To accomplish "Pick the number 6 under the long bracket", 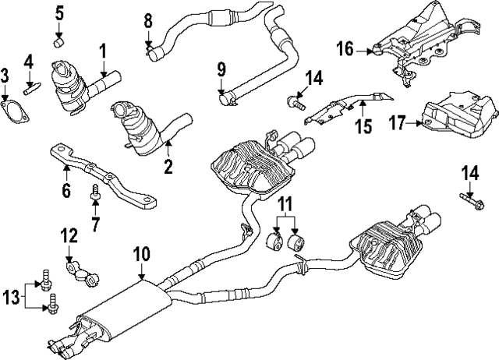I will click(x=66, y=190).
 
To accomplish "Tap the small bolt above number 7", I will click(x=95, y=189).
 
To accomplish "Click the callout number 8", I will click(x=148, y=20).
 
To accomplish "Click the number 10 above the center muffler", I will click(x=140, y=253).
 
